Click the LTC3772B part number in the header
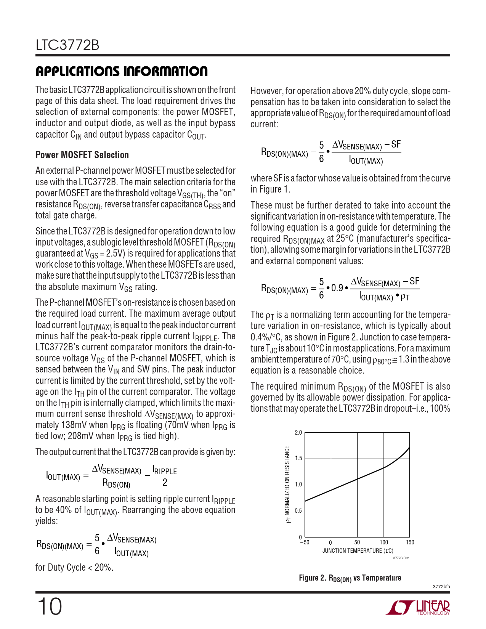67,45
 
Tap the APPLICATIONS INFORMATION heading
122,71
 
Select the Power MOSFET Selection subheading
82,155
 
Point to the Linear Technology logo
418,608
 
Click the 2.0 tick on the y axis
298,433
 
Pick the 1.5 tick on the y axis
298,459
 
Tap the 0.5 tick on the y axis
298,511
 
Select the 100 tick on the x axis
383,542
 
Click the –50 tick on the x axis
305,542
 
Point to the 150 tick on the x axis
410,542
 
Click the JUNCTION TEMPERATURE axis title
358,551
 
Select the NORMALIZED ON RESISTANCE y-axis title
288,484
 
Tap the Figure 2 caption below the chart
350,578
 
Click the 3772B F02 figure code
401,558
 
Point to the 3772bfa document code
441,586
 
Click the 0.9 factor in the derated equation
337,288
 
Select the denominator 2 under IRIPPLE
165,483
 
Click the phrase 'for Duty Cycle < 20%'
74,567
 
